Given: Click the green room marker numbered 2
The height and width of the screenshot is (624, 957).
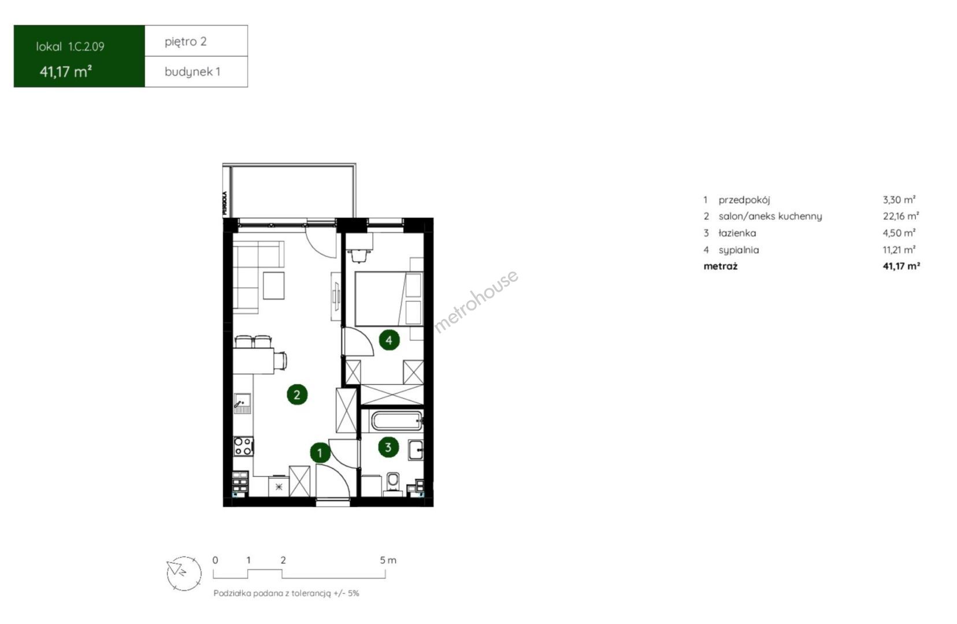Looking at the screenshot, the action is click(x=297, y=395).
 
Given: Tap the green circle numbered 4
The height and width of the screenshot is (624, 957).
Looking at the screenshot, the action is click(x=389, y=340).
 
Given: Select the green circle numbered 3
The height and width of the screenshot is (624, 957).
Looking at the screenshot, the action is click(x=388, y=447).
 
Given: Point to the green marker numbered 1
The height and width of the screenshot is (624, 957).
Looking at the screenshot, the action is click(x=320, y=453).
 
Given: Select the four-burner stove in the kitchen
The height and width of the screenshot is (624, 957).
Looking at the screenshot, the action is click(x=243, y=446).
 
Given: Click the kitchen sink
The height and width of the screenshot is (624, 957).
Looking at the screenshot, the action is click(x=242, y=403).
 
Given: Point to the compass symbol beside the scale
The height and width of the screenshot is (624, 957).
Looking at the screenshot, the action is click(x=184, y=573).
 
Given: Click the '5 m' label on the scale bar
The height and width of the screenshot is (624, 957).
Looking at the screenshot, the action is click(x=388, y=560).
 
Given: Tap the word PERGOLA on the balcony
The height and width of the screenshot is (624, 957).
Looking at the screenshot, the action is click(x=225, y=202).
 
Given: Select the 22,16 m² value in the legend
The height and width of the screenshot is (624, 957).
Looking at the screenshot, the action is click(x=901, y=216).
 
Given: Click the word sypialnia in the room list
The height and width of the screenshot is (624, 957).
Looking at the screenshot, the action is click(x=739, y=250).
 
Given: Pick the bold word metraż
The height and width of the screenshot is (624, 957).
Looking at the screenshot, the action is click(x=721, y=266).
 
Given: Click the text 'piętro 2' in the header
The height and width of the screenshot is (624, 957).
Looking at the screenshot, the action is click(x=186, y=42).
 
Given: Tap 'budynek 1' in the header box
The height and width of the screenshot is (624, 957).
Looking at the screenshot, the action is click(x=192, y=72).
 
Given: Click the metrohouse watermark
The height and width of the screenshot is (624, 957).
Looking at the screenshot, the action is click(x=476, y=301).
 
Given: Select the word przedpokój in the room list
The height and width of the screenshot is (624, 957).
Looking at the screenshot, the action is click(x=744, y=200).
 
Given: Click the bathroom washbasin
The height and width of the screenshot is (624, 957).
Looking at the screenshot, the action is click(x=416, y=450).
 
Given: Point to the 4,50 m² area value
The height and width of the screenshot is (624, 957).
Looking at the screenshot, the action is click(x=899, y=233).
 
